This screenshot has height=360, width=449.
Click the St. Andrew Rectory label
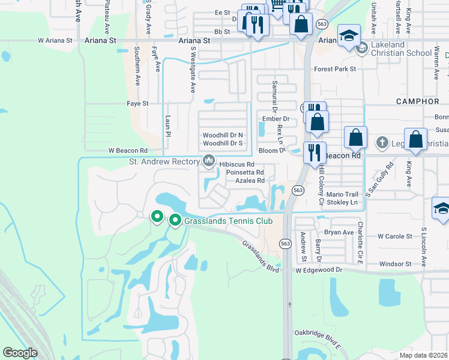tap(164, 161)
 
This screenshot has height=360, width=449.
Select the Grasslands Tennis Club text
tap(224, 221)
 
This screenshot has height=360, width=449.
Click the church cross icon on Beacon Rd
tap(382, 143)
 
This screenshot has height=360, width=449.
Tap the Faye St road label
tap(137, 103)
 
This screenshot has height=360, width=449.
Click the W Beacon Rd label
tap(127, 150)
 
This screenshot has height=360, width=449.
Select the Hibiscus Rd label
tap(237, 164)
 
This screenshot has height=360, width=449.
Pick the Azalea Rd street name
tap(250, 180)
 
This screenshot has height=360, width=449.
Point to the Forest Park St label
tap(335, 69)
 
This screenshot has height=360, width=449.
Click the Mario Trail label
tap(342, 194)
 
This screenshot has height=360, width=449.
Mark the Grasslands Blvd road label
tap(261, 256)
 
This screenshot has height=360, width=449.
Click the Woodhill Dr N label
tap(223, 135)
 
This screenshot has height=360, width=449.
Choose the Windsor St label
tap(394, 263)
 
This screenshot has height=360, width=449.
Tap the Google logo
tap(20, 353)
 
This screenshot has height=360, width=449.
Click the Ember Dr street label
tap(275, 119)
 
